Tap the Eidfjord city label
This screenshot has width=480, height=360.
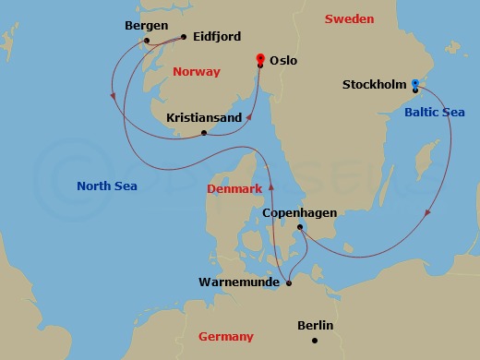click(x=217, y=37)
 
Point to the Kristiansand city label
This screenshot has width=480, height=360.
click(x=204, y=118)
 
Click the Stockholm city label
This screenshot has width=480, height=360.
click(x=375, y=85)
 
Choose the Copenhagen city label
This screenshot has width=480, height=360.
click(x=299, y=213)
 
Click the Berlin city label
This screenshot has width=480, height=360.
click(x=316, y=326)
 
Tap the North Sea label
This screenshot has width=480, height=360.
click(x=107, y=186)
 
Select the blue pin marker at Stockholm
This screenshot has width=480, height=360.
click(x=415, y=85)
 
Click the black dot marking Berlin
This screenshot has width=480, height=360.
click(x=315, y=341)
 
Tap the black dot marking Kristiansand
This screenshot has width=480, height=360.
click(x=204, y=133)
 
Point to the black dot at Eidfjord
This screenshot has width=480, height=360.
click(x=185, y=37)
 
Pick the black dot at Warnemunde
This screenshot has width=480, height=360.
click(x=289, y=282)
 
